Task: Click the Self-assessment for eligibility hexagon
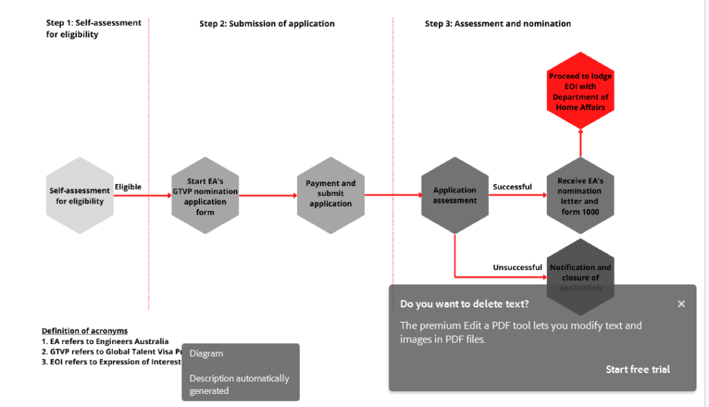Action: tap(80, 195)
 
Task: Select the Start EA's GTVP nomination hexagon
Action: tap(205, 196)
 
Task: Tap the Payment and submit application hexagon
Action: tap(330, 195)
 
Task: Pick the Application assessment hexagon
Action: tap(455, 195)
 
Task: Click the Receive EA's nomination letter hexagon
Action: tap(580, 195)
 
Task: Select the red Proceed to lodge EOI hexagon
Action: tap(580, 91)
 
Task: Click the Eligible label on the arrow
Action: tap(128, 187)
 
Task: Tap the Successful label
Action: tap(512, 187)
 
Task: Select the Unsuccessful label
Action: tap(517, 267)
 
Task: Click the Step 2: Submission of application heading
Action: tap(267, 24)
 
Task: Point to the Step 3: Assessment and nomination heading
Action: tap(498, 24)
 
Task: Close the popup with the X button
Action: tap(681, 304)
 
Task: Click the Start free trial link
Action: tap(638, 370)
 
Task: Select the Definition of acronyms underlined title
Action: tap(84, 331)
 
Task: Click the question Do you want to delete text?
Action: tap(465, 304)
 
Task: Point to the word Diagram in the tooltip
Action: tap(206, 354)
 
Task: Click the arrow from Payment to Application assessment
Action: tap(393, 195)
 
